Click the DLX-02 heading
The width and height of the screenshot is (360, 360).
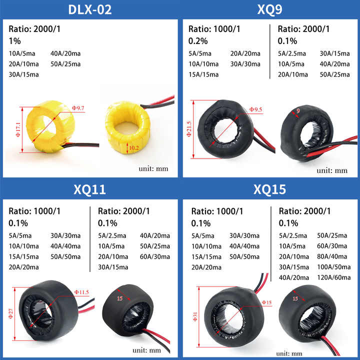point(90,9)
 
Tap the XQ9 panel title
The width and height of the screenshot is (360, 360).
point(269,9)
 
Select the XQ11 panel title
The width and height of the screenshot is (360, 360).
point(89,189)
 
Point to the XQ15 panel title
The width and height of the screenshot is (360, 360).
point(269,189)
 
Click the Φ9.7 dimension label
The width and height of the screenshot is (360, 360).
point(78,108)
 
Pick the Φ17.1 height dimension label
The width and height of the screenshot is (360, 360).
point(18,129)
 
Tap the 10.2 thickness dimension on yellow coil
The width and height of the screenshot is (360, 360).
point(133,147)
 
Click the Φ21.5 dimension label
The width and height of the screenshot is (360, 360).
point(189,129)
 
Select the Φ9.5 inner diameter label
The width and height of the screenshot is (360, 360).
point(256,109)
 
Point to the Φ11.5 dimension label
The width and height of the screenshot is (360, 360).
point(81,292)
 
